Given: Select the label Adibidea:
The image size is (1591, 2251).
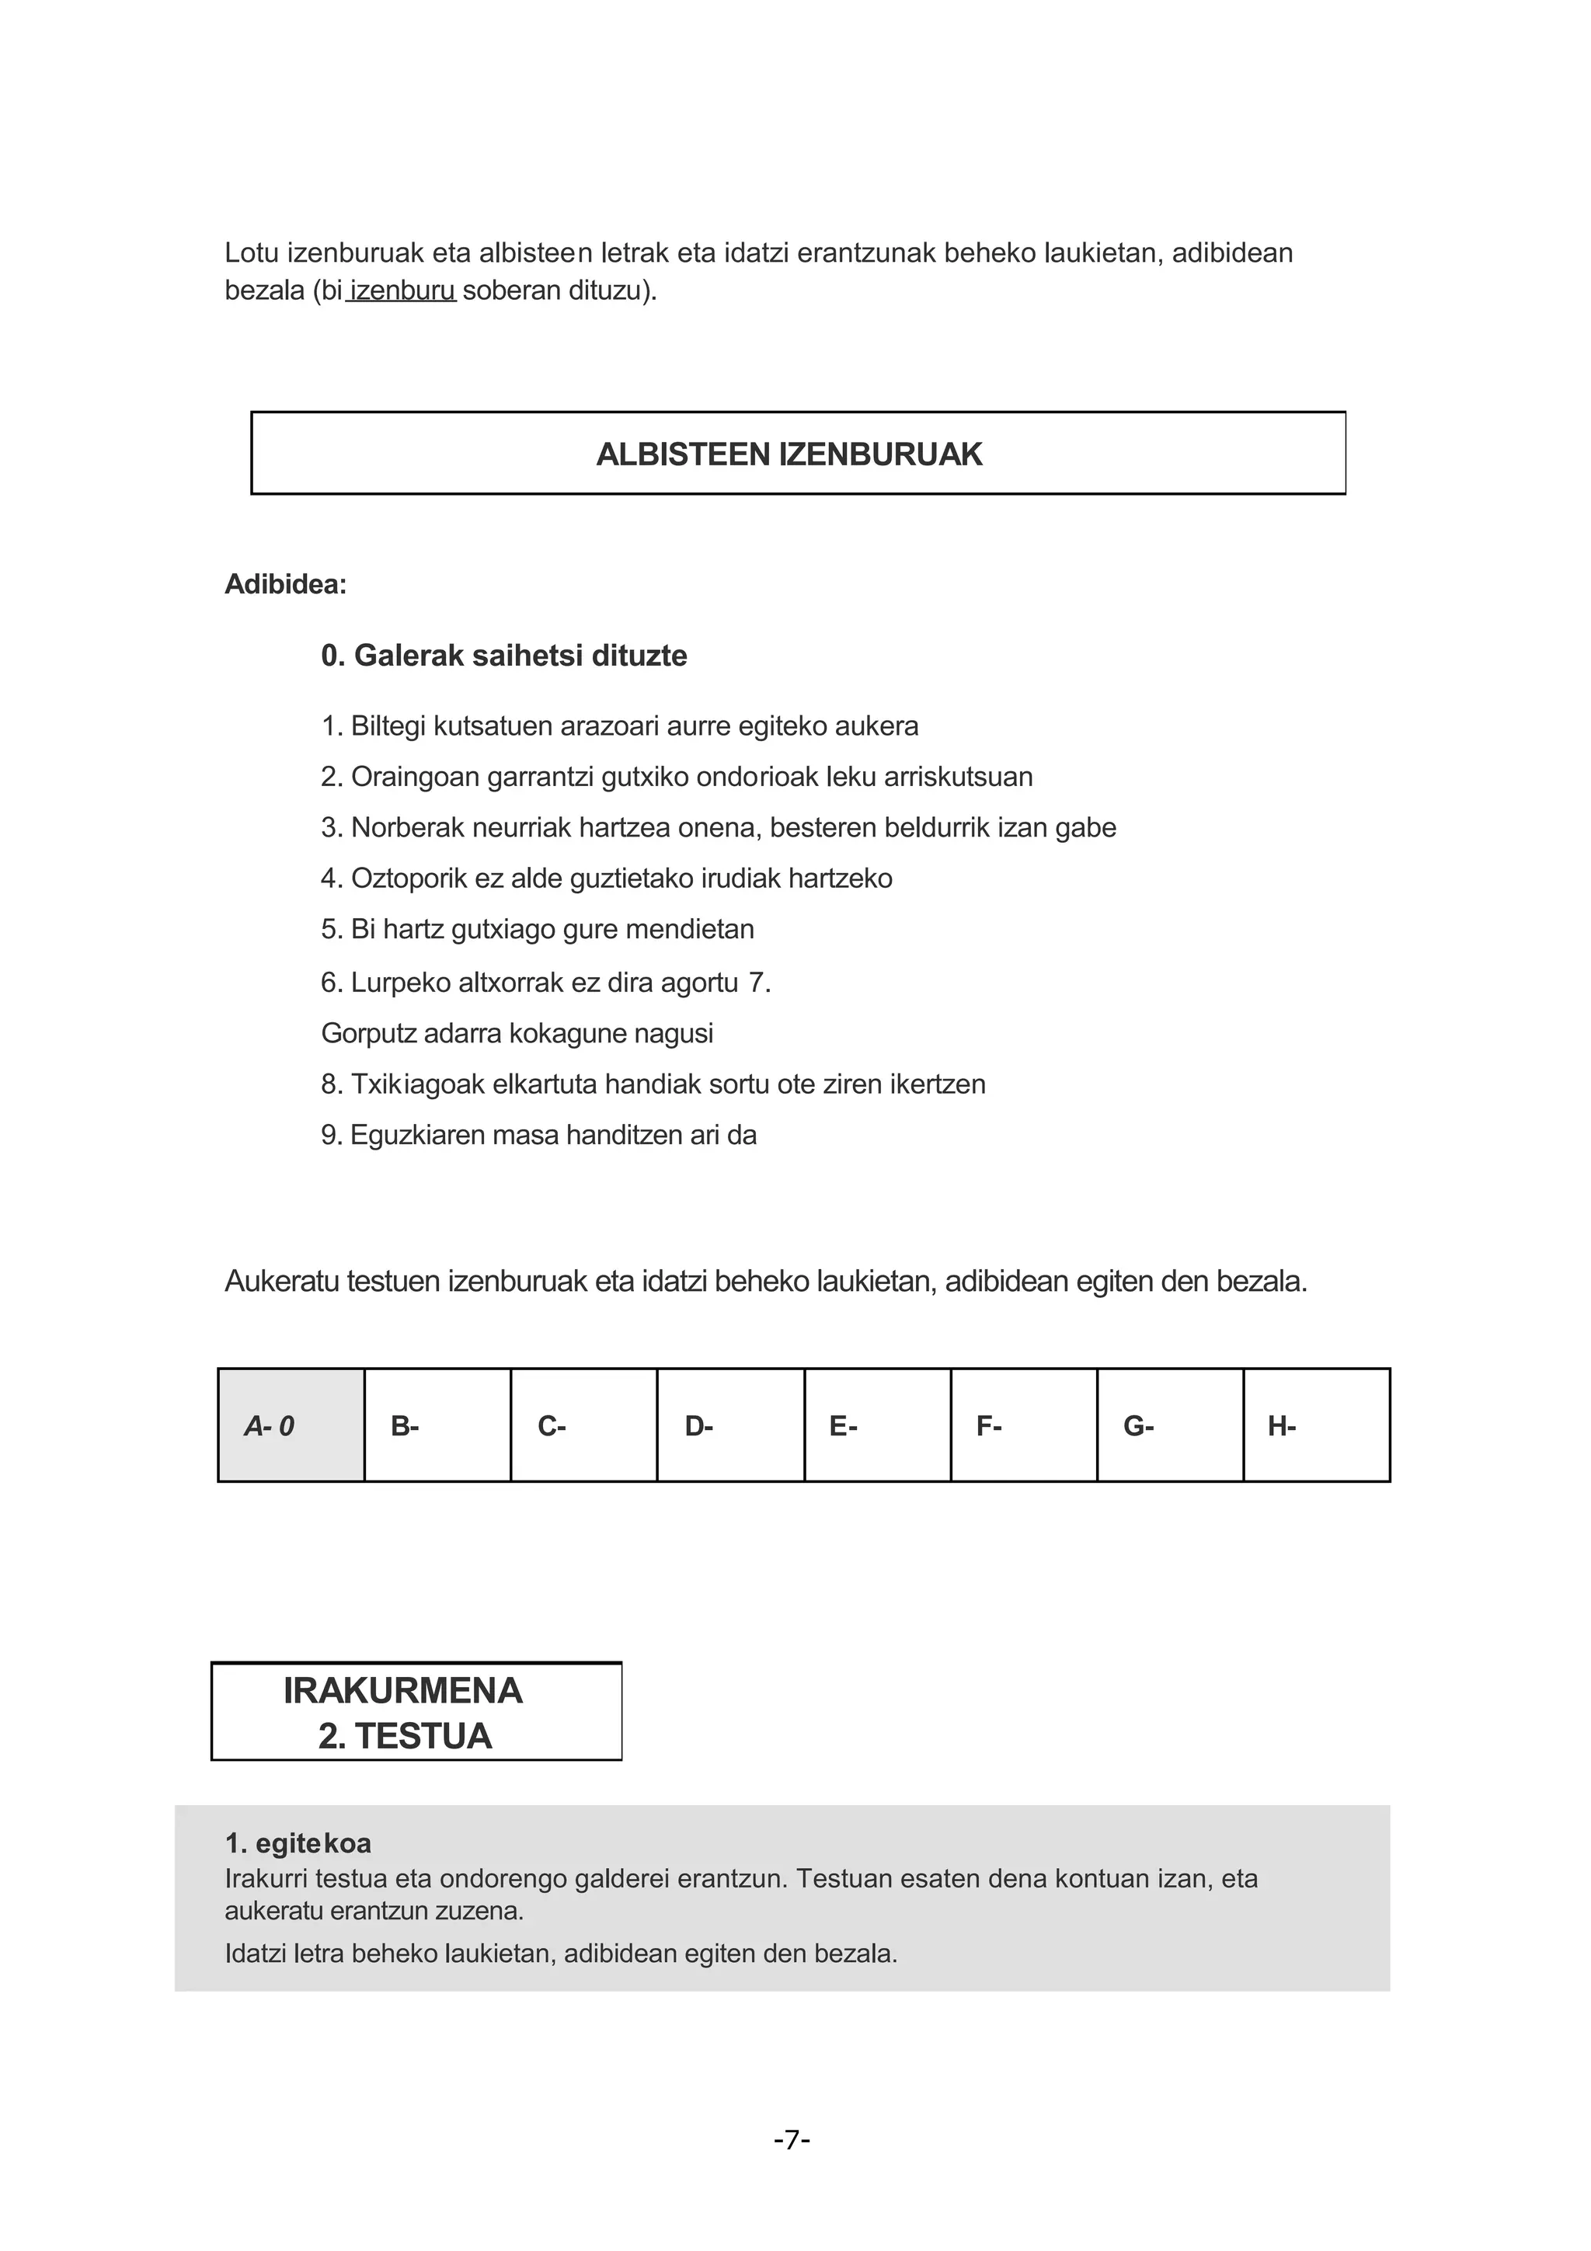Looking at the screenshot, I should (x=285, y=584).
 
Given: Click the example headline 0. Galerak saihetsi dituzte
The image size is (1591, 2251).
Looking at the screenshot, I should (x=504, y=655).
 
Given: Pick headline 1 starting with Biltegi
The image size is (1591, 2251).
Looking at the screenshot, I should (x=619, y=726).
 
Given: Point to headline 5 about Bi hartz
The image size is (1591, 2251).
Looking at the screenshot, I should (x=537, y=928).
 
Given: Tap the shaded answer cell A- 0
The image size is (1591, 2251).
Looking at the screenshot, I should (x=291, y=1426).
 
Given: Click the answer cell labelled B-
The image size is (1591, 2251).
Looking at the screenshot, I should (x=437, y=1426).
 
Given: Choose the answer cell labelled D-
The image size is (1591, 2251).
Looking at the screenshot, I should (x=730, y=1426).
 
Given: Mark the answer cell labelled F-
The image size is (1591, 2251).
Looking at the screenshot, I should (x=1023, y=1426).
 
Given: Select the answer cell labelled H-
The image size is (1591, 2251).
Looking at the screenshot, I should (x=1315, y=1426).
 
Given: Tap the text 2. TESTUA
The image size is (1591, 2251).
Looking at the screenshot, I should (x=404, y=1736).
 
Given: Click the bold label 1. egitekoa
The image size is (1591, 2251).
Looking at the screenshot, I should (x=298, y=1843).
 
